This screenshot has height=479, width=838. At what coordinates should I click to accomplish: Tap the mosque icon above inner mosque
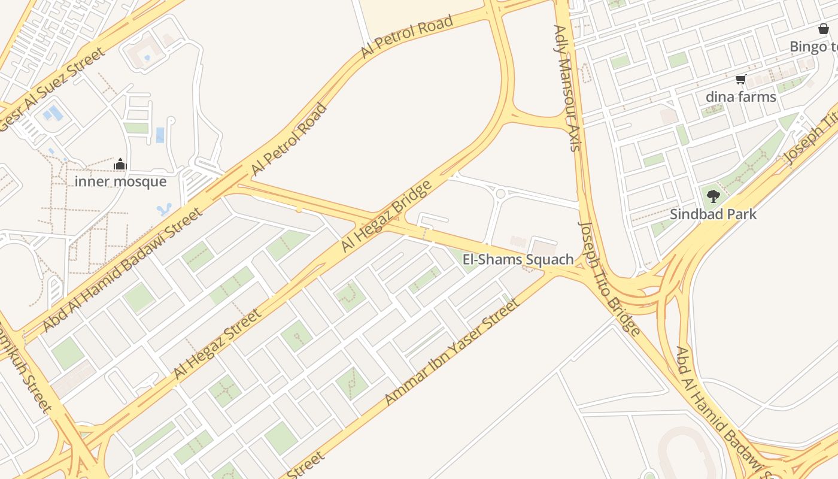click(120, 164)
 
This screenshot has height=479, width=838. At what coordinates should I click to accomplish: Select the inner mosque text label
click(120, 181)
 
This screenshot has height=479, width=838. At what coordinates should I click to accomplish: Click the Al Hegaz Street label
click(217, 344)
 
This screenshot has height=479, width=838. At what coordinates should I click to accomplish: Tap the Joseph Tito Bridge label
click(609, 278)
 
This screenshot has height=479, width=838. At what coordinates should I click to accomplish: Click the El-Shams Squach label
click(518, 259)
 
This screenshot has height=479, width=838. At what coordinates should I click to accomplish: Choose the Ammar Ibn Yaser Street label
click(452, 351)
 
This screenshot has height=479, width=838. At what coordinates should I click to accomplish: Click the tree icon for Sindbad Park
click(713, 196)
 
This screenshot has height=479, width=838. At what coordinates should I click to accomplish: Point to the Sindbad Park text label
click(713, 214)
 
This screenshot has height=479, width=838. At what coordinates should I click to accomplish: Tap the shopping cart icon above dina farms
click(740, 79)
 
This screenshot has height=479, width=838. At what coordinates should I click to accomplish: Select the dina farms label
click(740, 96)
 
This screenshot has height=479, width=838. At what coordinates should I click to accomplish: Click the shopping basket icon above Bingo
click(824, 29)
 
